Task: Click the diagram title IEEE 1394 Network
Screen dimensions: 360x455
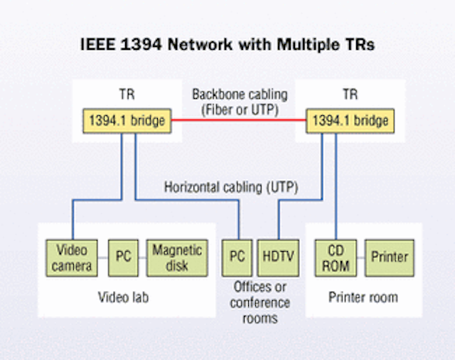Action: tap(227, 44)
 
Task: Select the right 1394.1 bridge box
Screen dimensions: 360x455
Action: tap(350, 121)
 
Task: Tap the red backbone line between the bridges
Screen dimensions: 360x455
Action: tap(238, 121)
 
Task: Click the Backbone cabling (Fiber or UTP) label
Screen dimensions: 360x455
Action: tap(238, 102)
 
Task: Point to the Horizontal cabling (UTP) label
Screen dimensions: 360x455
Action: tap(230, 188)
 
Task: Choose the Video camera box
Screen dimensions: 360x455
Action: tap(72, 258)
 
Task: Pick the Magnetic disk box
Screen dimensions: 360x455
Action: tap(177, 258)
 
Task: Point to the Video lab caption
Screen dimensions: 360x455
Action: tap(125, 296)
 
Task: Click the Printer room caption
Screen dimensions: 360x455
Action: tap(363, 296)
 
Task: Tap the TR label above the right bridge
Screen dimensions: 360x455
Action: tap(350, 94)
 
